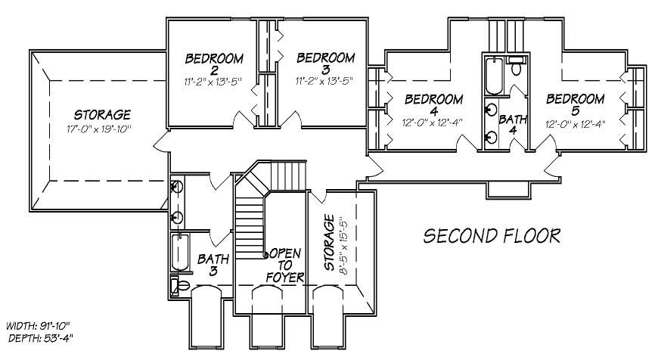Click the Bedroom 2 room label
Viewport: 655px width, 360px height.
pos(214,65)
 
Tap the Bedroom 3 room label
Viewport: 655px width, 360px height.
pos(325,65)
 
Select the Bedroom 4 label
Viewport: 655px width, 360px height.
pos(433,105)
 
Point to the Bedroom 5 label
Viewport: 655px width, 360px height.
pos(576,105)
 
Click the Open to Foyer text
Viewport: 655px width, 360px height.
pos(284,264)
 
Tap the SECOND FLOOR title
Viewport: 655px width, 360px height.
pos(492,236)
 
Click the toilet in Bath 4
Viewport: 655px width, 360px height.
pos(517,69)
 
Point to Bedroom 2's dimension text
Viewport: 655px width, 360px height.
pos(214,79)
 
